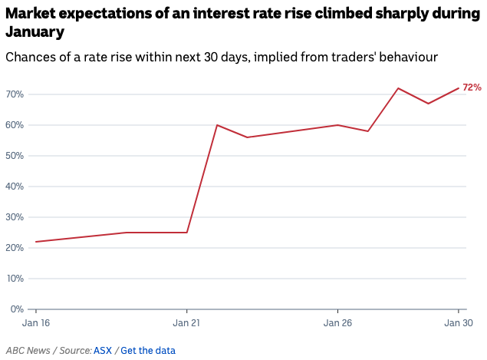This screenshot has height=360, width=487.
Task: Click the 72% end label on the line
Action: pyautogui.click(x=472, y=88)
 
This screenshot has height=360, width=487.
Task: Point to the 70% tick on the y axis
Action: pyautogui.click(x=15, y=94)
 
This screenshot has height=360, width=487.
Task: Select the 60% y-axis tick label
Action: pyautogui.click(x=15, y=125)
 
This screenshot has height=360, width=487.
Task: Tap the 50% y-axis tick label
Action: pyautogui.click(x=15, y=156)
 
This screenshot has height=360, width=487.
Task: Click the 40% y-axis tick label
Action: pyautogui.click(x=15, y=187)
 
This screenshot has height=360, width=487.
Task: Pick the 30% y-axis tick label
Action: pyautogui.click(x=15, y=217)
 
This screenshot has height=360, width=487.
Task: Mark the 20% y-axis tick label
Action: pyautogui.click(x=15, y=248)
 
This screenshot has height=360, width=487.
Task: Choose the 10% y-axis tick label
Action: pyautogui.click(x=15, y=279)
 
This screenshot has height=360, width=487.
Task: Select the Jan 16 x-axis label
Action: pyautogui.click(x=36, y=323)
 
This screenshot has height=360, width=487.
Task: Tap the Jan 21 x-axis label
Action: pyautogui.click(x=186, y=323)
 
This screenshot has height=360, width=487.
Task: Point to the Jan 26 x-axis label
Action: pyautogui.click(x=337, y=323)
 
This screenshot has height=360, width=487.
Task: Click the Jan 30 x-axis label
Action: pyautogui.click(x=459, y=323)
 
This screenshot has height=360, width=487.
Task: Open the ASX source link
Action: pyautogui.click(x=103, y=351)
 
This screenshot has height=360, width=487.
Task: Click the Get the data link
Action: pyautogui.click(x=148, y=351)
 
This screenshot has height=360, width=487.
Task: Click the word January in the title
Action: pyautogui.click(x=35, y=32)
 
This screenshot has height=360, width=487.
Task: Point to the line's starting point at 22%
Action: pyautogui.click(x=36, y=242)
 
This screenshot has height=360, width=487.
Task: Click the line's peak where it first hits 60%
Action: pyautogui.click(x=217, y=125)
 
